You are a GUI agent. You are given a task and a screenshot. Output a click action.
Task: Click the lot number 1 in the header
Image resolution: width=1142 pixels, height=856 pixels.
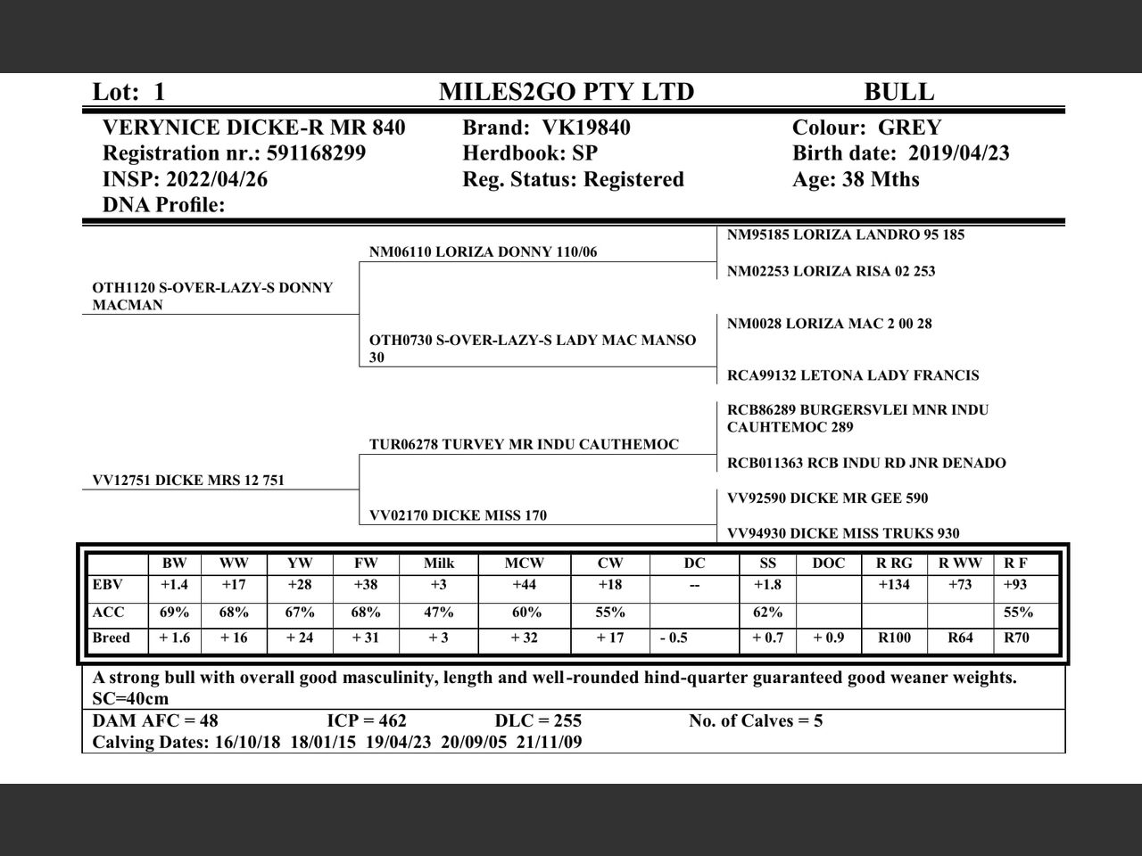coord(159,92)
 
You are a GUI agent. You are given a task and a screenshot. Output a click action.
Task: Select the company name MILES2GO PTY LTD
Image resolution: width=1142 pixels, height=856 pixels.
coord(566,92)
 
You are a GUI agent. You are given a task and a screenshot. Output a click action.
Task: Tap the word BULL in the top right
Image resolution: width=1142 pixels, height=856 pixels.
coord(898,92)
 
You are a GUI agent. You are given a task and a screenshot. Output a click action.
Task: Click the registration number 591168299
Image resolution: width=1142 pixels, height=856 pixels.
coord(316,153)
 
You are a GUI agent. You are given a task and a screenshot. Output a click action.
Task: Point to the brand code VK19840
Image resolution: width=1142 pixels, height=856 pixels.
coord(583,128)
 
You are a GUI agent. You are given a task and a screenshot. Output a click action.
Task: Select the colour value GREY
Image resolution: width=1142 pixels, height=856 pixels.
coord(909,128)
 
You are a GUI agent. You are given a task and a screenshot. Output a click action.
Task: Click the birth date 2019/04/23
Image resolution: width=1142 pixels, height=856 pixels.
coord(958,153)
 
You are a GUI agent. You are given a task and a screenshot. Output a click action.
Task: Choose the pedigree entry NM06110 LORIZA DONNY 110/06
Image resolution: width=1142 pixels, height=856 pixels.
coord(483,252)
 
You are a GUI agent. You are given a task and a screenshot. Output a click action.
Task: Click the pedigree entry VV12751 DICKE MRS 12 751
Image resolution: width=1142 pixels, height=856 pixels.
coord(188,481)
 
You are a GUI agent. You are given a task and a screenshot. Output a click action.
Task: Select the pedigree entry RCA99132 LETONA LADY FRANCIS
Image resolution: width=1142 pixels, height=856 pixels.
coord(852,375)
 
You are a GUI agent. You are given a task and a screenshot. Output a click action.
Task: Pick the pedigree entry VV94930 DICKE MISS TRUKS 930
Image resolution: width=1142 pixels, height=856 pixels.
coord(843,533)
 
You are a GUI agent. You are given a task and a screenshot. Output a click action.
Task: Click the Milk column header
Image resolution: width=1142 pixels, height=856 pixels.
coord(438,564)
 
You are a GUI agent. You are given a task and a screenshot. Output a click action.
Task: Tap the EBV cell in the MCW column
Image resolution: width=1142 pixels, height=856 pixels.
coord(524,585)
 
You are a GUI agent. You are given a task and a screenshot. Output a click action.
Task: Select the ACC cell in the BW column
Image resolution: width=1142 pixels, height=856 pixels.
coord(174,613)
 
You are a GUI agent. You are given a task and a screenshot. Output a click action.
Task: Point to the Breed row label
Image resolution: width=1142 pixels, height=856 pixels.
coord(111,638)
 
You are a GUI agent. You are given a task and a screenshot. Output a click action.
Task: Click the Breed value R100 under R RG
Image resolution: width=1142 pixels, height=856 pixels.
coord(895,638)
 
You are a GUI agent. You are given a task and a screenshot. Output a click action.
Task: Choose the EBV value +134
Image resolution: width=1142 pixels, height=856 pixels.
coord(894,585)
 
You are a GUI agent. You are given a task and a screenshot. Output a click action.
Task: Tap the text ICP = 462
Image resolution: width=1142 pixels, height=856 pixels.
coord(367,720)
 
